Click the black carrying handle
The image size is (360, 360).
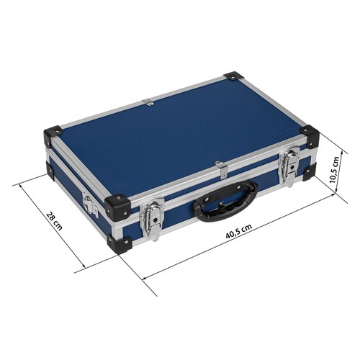225,199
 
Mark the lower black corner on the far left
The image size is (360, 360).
50,170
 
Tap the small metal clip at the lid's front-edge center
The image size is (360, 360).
223,168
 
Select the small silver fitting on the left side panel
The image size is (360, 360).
89,204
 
